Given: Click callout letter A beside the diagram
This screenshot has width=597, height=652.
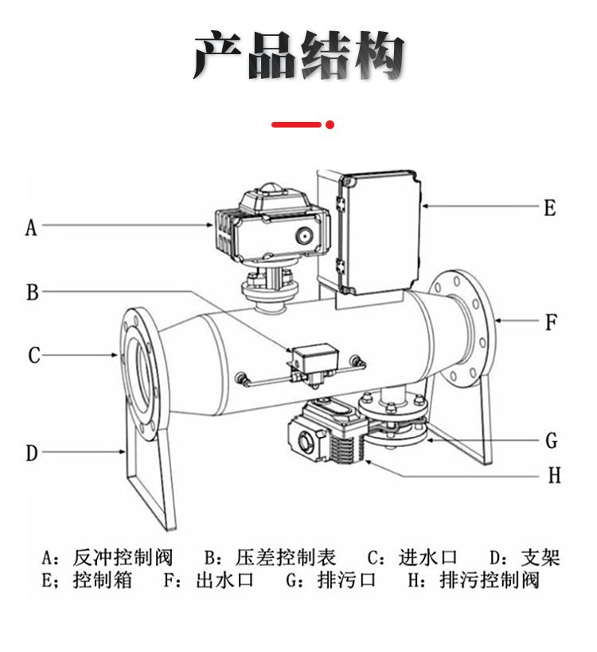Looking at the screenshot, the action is coord(31,228).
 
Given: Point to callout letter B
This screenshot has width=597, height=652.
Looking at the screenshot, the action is coord(33,292).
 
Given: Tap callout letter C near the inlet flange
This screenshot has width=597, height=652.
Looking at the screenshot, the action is coord(34,355).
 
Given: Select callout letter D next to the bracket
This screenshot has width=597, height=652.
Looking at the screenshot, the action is coord(32,453).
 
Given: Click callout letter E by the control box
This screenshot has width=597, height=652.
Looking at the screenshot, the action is coord(550,208).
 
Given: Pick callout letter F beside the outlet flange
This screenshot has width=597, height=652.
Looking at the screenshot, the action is coord(551,322).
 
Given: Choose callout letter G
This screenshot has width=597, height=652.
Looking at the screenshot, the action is coord(552,441).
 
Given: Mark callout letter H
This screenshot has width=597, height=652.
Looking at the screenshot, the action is coord(555,475).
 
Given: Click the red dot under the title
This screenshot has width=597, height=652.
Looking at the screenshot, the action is coord(330,124).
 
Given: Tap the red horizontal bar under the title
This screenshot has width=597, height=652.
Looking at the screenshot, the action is coord(296,124).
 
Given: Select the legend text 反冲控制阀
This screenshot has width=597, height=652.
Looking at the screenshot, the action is coord(123,558).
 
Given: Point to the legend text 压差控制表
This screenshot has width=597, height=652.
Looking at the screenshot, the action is coord(286,558).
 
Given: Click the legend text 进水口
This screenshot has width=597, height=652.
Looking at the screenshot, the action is coord(427,558).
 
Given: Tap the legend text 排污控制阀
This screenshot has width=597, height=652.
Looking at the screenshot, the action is coord(490,580).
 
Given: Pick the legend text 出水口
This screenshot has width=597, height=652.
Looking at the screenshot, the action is coord(224,580).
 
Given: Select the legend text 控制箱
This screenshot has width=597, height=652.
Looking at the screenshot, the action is coord(103,580).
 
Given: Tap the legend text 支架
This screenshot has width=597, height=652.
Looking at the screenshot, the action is coord(540,558).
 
